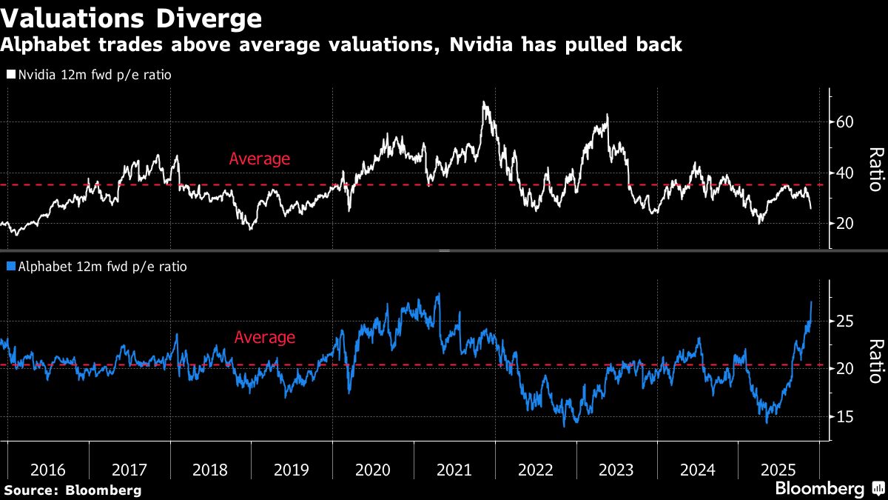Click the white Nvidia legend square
[11, 75]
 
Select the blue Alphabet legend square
[11, 267]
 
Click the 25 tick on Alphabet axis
[846, 321]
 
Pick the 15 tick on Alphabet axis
[846, 417]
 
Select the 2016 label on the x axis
[48, 470]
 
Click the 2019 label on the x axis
[292, 470]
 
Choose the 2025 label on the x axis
[778, 470]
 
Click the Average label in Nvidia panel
[260, 159]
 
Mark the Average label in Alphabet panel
[264, 338]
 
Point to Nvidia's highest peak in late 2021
[484, 103]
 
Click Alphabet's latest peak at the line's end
[812, 301]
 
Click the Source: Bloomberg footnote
[73, 490]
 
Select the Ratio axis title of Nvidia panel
[875, 169]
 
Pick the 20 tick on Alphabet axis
[846, 369]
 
